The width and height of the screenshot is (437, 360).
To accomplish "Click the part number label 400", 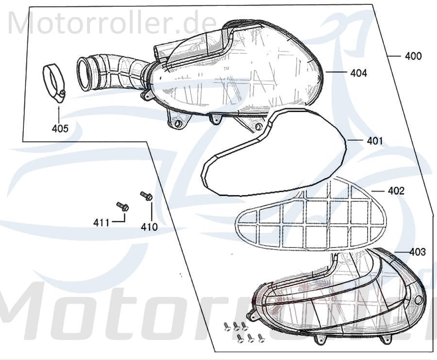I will tap(413, 56).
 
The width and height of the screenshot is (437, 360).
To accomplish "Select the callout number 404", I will tap(358, 73).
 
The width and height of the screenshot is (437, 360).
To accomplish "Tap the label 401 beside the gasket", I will tap(374, 141).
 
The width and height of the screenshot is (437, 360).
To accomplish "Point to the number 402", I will tap(396, 191).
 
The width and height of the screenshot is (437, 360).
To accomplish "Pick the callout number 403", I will tap(417, 252).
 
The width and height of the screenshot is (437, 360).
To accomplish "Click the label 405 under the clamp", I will tap(60, 129).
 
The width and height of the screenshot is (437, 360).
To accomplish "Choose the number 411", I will tap(101, 223).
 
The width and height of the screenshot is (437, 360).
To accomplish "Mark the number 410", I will tap(149, 226).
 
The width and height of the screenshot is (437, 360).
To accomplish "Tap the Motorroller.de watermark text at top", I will tap(112, 23).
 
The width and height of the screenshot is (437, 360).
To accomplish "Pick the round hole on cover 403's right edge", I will tap(418, 300).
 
